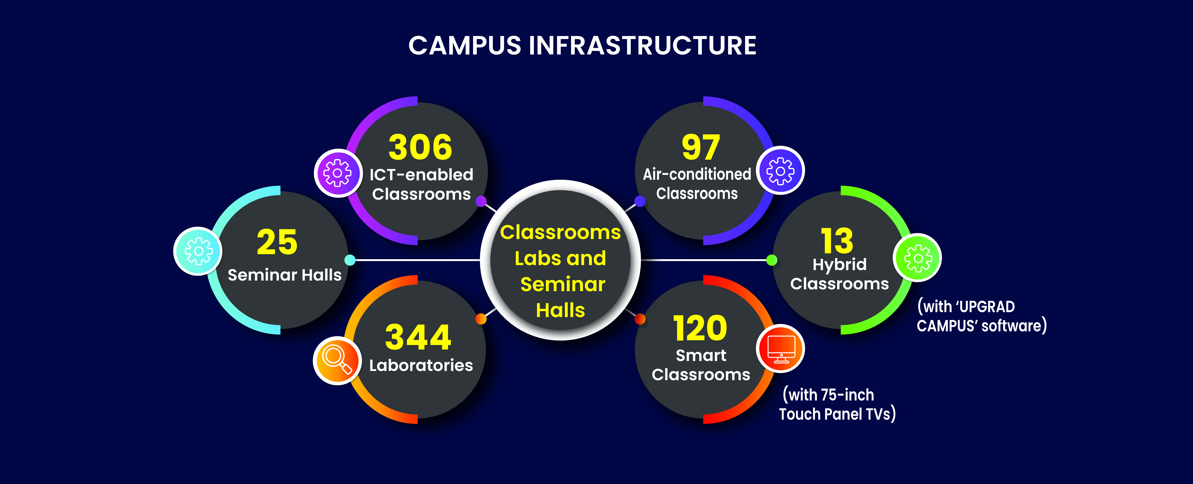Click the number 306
420,147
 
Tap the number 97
701,147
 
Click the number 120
700,328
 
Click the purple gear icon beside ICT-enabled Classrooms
338,173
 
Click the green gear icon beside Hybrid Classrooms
917,258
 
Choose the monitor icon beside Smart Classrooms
781,349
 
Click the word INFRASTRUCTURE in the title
642,46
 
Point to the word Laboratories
421,366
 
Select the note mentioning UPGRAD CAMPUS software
982,316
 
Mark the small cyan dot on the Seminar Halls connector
350,260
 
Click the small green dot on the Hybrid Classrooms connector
772,260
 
